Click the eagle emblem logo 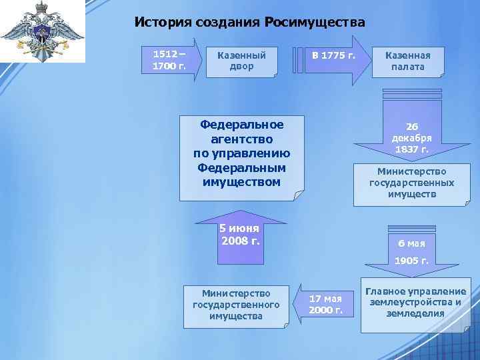pos(42,32)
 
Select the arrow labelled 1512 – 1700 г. pos(170,61)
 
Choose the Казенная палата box pos(408,61)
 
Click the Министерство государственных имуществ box pos(412,183)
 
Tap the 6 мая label pos(411,243)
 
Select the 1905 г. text pos(411,261)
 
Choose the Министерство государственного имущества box pos(235,304)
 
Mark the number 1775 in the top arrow pos(333,55)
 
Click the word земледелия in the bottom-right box pos(415,313)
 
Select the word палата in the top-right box pos(408,67)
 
